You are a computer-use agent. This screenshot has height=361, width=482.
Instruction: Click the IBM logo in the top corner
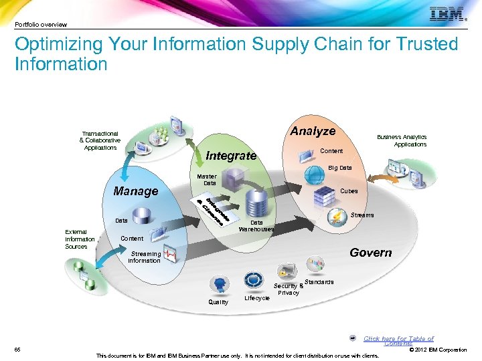447,14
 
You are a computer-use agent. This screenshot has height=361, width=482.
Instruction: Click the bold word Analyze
313,132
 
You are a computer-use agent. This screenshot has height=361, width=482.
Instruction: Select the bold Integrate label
231,156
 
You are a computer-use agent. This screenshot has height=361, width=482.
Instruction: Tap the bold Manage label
136,191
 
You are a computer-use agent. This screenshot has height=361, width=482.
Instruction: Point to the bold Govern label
370,252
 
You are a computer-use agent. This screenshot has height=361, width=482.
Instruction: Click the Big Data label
339,168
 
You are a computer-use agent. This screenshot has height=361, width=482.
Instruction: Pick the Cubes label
349,191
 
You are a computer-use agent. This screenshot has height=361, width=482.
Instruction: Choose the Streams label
363,215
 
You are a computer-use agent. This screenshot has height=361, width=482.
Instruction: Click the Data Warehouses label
256,226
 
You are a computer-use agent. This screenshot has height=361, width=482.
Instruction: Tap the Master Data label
206,179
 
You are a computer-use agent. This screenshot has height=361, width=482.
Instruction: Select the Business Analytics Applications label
402,140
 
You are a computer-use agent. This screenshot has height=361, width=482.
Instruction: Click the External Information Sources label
80,239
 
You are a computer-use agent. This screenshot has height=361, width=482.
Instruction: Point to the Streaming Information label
145,257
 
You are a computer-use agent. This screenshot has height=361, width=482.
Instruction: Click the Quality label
218,302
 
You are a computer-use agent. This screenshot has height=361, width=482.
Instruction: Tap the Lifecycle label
257,298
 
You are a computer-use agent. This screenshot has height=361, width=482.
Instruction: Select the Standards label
319,282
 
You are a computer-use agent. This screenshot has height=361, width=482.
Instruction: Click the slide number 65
18,350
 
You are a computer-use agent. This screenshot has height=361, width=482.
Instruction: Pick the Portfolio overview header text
41,25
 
